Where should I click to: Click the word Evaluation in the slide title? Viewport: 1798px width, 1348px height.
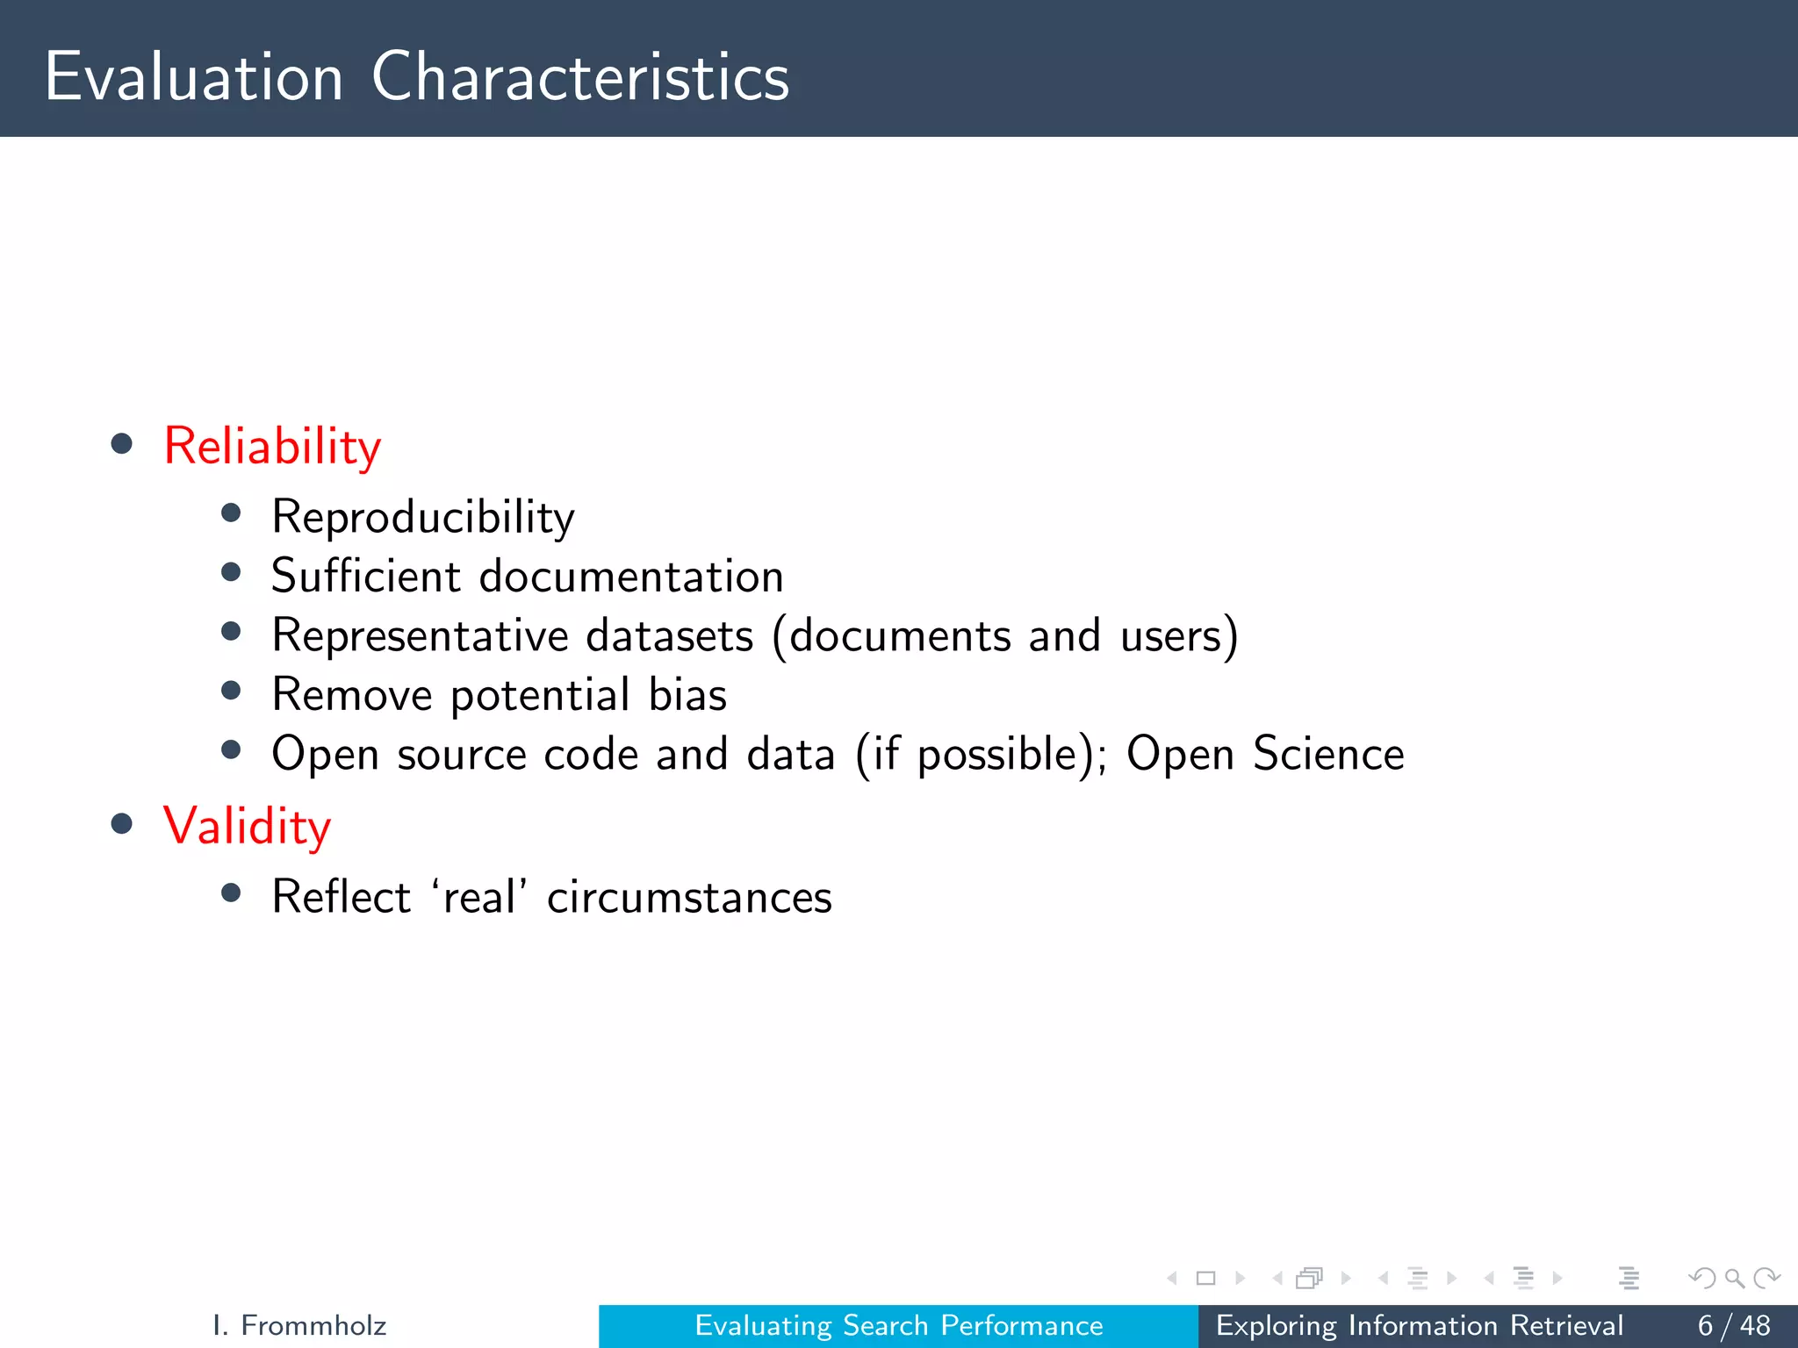[193, 77]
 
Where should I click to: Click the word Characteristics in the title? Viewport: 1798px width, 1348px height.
[580, 77]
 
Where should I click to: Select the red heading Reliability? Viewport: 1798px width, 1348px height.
[272, 447]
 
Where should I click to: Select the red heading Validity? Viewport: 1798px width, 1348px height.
[247, 827]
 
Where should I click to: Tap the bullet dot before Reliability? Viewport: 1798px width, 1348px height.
[122, 443]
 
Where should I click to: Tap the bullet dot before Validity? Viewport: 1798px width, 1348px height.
[122, 823]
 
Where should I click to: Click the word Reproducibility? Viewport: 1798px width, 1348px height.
[423, 517]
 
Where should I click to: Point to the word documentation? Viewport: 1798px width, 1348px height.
[631, 577]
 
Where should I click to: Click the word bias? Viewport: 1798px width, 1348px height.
[687, 695]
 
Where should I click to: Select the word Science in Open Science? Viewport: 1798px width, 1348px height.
[1328, 754]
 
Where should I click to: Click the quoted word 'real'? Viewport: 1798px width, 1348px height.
[478, 897]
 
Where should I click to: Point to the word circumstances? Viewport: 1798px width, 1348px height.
[689, 897]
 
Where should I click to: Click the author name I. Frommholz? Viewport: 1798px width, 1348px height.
[299, 1325]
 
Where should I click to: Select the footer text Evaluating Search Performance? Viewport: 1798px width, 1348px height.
[898, 1325]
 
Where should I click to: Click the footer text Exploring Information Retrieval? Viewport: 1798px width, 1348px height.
[1419, 1325]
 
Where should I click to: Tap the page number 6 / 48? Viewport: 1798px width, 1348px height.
[1734, 1325]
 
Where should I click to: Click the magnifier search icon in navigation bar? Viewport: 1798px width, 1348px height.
[1734, 1278]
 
